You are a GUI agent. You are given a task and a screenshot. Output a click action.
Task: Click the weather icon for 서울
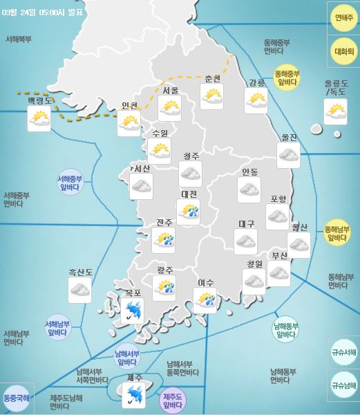pos(169,108)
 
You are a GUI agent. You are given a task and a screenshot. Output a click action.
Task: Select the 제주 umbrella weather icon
pos(133,396)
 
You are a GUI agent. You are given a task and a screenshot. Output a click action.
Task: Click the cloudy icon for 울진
pos(288,156)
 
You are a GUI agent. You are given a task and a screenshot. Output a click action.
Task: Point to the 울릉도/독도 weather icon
pos(336,111)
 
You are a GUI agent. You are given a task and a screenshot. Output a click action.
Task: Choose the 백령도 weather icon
pos(39,120)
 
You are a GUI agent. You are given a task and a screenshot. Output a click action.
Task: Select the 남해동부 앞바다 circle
pos(285,331)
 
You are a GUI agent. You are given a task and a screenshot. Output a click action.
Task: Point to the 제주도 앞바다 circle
pos(172,400)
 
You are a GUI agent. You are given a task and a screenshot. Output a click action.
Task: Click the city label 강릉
pos(256,83)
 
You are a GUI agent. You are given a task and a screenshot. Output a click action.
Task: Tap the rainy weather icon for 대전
pos(189,212)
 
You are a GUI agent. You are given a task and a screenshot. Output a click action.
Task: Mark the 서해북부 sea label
pos(18,39)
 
